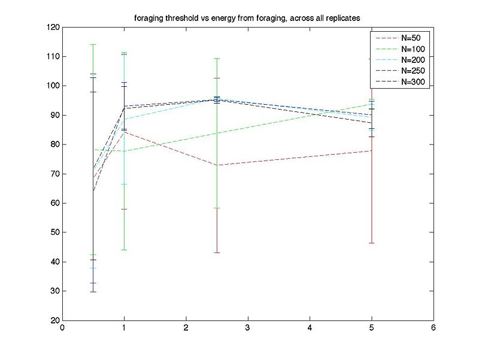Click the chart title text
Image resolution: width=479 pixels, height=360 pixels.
(x=247, y=18)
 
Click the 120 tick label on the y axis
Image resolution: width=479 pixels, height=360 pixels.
(x=52, y=28)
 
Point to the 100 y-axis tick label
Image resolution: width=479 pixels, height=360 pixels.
(x=52, y=86)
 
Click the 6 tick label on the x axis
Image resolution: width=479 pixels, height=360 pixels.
(x=433, y=329)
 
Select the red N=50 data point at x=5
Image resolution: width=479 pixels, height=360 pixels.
(x=372, y=150)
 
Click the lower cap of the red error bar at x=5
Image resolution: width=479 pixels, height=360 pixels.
(x=372, y=243)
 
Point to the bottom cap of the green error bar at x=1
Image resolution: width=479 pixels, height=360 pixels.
(x=124, y=250)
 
